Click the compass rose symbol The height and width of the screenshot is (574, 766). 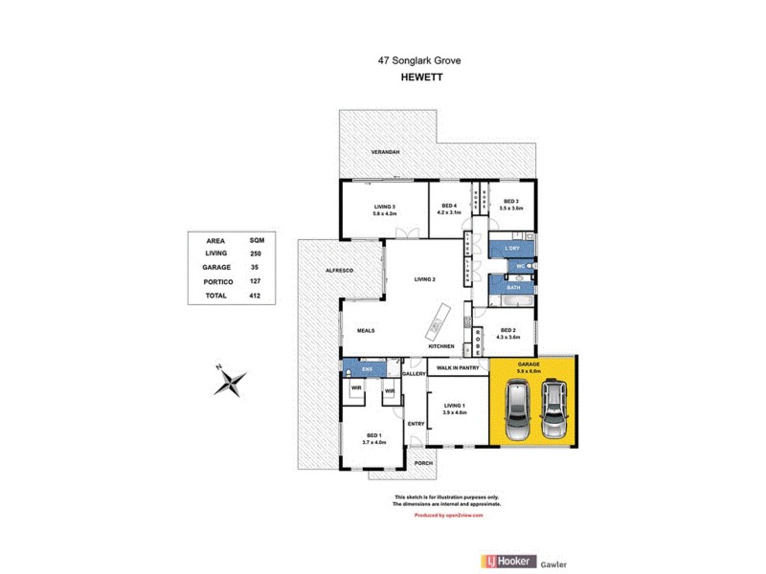(x=231, y=382)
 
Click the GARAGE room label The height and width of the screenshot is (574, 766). (x=529, y=364)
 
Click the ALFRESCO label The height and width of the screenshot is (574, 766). (x=340, y=272)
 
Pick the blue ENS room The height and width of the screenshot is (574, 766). (x=366, y=368)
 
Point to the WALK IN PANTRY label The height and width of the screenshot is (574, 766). (x=457, y=365)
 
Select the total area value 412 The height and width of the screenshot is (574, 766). (x=257, y=296)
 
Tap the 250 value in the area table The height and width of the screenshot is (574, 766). (x=257, y=253)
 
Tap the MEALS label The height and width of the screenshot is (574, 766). (x=366, y=330)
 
